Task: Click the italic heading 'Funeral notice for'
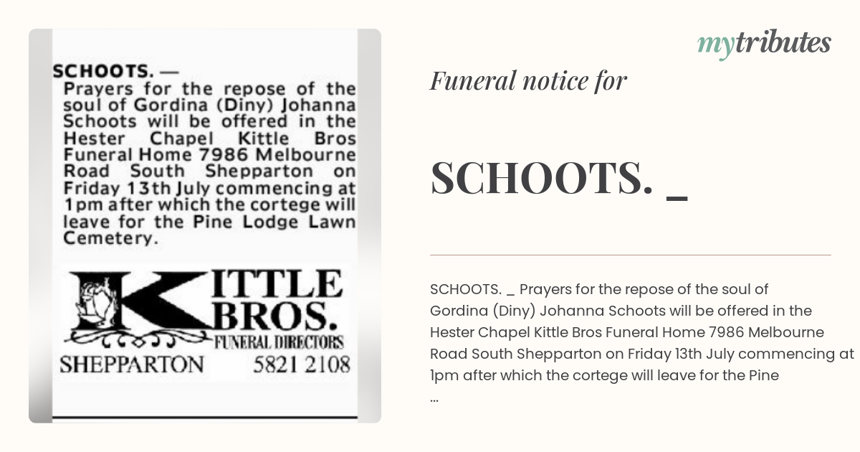coord(528,81)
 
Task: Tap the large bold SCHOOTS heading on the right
coord(542,178)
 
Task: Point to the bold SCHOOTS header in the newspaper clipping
coord(100,72)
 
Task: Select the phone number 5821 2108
coord(302,364)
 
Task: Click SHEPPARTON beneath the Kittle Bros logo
coord(131,364)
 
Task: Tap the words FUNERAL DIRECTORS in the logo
coord(279,342)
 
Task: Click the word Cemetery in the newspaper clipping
coord(110,238)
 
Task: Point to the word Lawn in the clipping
coord(332,222)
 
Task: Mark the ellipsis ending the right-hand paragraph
coord(435,397)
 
